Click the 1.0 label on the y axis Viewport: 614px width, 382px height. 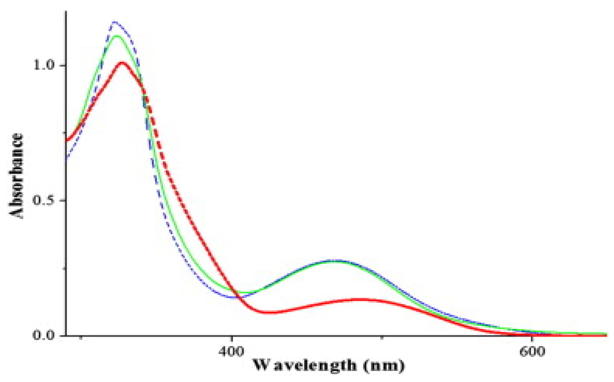coord(45,65)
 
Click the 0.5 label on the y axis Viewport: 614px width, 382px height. coord(45,200)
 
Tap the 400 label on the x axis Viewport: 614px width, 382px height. coord(232,352)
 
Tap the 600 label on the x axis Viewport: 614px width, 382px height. coord(532,352)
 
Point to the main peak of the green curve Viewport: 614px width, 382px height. coord(117,36)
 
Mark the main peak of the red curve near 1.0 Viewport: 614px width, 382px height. coord(122,63)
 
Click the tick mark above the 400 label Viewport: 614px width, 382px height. coord(232,338)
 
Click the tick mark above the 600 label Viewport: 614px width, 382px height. coord(532,338)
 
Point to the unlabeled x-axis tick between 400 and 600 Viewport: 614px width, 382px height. coord(382,338)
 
